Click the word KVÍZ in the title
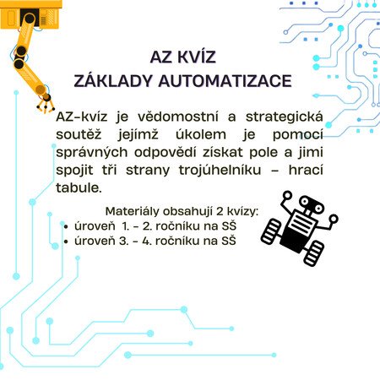197,57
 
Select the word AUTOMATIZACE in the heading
225,81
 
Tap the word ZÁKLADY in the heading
112,80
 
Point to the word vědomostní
178,117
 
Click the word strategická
284,117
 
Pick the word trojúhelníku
220,171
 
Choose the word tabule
79,187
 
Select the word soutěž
79,134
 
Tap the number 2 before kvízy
220,211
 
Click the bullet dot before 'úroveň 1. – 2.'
66,227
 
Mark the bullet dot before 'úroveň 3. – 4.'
66,242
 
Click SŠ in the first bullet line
229,225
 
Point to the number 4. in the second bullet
147,241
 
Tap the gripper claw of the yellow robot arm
46,103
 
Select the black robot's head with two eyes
312,204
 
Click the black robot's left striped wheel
271,231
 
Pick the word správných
92,153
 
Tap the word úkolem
201,134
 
